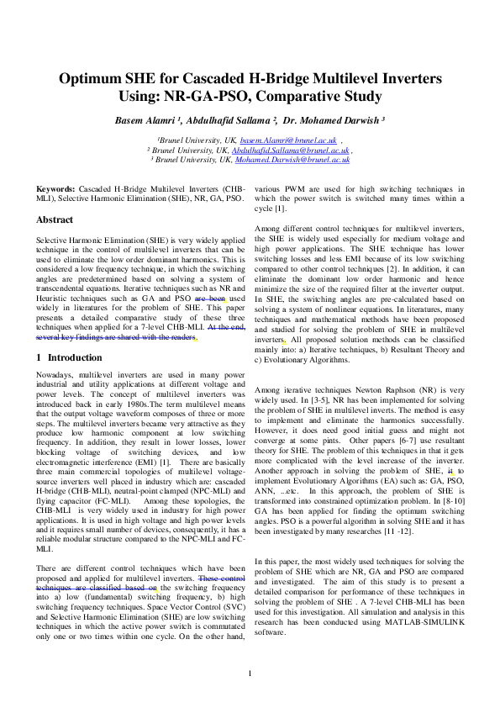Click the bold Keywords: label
tap(56, 191)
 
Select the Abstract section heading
tap(54, 219)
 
